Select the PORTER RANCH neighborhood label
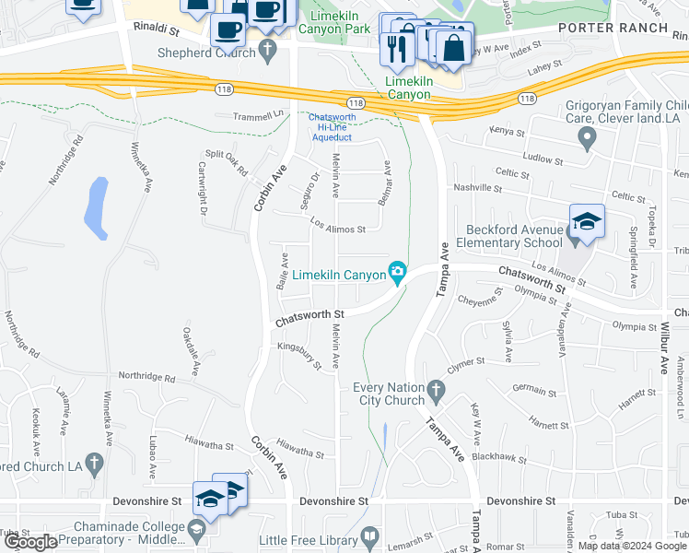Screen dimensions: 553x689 coord(613,28)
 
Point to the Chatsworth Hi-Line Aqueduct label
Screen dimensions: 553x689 coord(331,127)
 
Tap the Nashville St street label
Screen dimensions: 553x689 coord(477,188)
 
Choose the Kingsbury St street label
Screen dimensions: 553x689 coord(299,355)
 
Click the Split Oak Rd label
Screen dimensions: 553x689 coord(227,163)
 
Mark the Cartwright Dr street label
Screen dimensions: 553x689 coord(201,182)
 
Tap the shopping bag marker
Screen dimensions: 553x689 coord(454,49)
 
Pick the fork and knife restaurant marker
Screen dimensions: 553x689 coord(397,48)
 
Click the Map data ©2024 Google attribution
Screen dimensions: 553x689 coord(632,546)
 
